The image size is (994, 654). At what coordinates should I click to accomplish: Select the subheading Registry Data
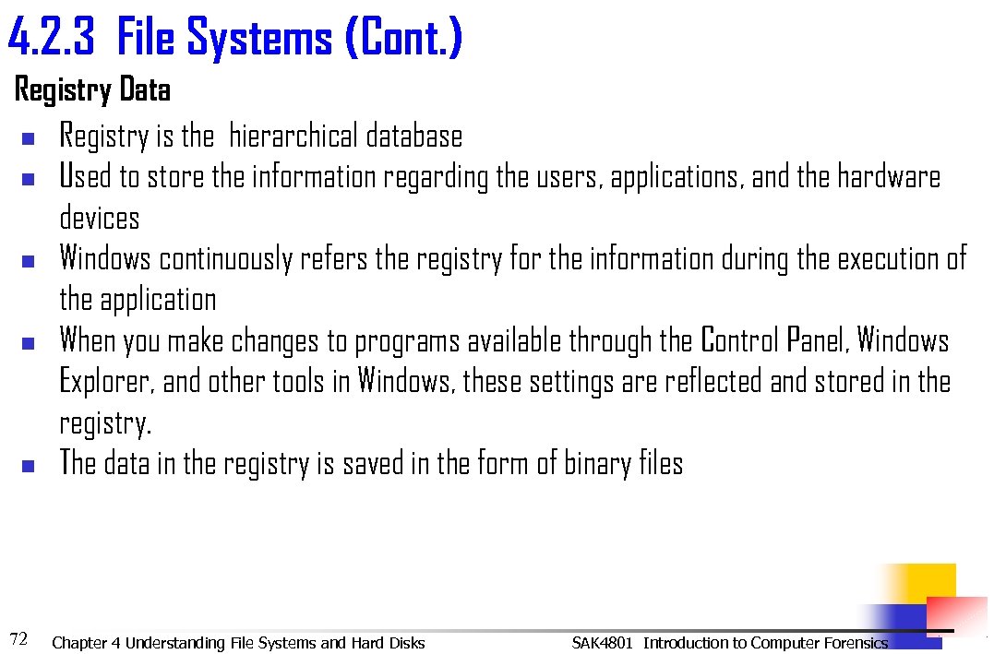tap(92, 90)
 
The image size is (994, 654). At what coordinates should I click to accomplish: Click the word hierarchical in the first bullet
tap(293, 137)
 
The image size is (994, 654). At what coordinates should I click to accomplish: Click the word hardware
tap(888, 177)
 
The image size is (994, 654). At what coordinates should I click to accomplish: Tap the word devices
tap(100, 218)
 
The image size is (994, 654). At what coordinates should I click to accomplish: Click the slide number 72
tap(18, 637)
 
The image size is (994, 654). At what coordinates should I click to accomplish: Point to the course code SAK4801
tap(602, 643)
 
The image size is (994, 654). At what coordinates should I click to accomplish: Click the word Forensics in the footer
tap(852, 643)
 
